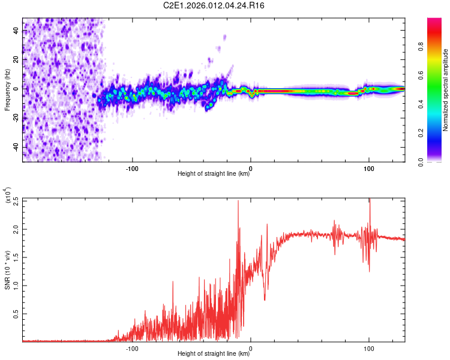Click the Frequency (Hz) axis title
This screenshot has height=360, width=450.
tap(7, 90)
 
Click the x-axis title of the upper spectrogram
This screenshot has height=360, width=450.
tap(214, 174)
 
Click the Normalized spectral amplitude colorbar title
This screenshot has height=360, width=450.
tap(446, 90)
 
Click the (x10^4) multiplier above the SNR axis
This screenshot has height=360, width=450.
tap(8, 196)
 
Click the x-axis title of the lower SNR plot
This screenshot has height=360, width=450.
tap(214, 353)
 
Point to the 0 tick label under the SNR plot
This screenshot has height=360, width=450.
tap(251, 347)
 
